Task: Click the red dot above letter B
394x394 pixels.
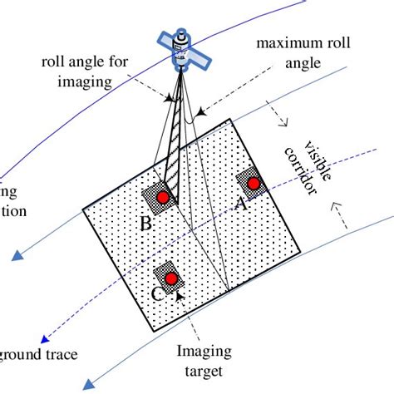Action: click(163, 197)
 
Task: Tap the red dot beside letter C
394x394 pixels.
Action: click(171, 278)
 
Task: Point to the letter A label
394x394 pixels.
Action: click(242, 204)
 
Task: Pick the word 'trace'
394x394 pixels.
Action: click(60, 355)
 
